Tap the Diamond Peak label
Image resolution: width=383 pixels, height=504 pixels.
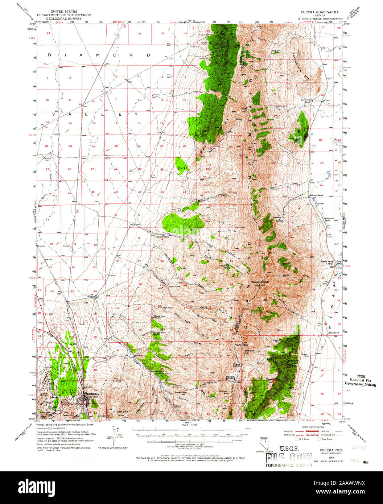click(260, 281)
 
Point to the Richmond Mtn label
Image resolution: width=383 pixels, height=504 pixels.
click(121, 413)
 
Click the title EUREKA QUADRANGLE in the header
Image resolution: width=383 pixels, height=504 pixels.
click(320, 12)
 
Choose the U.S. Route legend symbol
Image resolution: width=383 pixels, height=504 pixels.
click(296, 439)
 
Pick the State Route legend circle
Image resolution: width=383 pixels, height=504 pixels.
click(320, 439)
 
